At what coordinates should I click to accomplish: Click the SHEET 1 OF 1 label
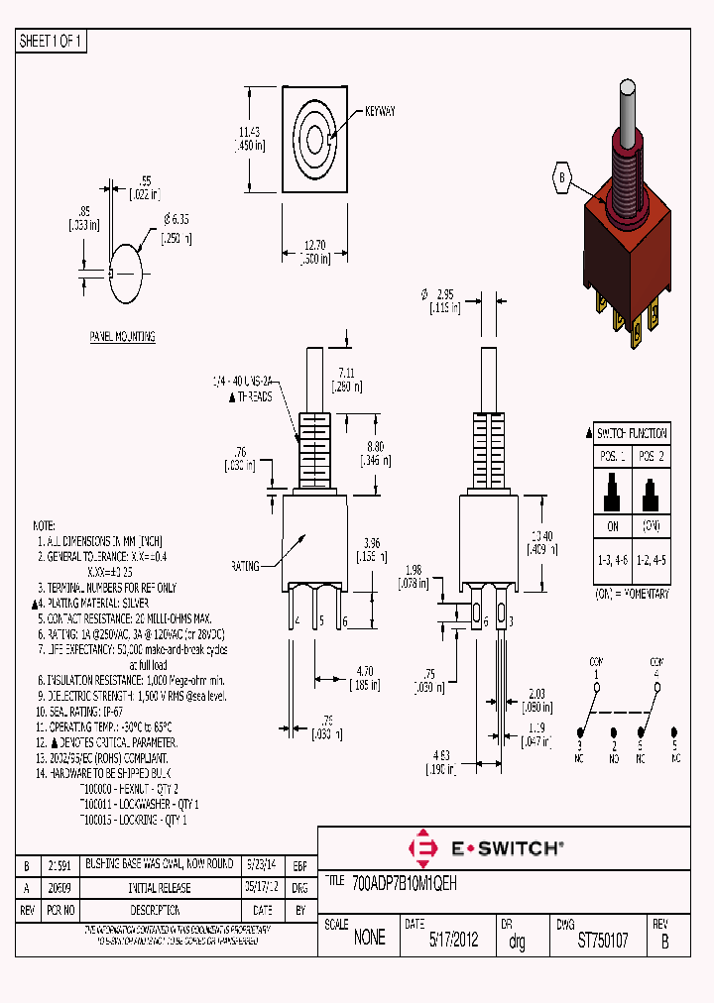[52, 41]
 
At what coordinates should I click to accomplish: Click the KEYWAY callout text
[380, 112]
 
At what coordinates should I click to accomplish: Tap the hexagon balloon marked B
[562, 179]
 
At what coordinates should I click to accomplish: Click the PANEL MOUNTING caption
[123, 337]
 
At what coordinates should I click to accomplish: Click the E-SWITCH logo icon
[424, 848]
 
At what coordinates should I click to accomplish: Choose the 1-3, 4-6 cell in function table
[611, 560]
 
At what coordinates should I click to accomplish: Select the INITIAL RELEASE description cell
[159, 889]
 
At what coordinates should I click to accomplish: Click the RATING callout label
[245, 566]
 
